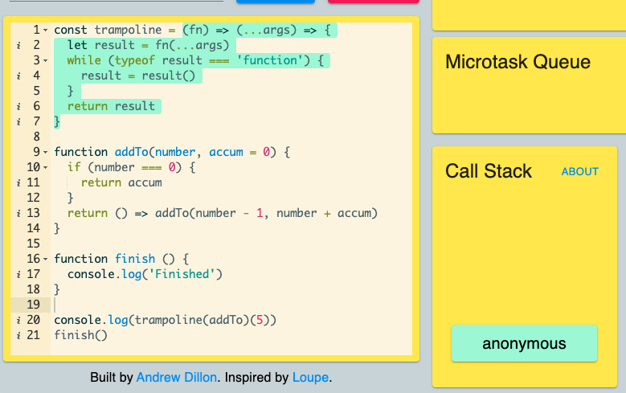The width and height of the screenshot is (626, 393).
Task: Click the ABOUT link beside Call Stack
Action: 579,172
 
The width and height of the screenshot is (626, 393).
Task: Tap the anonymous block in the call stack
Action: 524,343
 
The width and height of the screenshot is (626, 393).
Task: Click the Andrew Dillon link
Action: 177,377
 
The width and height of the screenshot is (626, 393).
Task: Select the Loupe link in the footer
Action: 311,378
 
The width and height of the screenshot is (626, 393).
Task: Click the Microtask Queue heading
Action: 518,62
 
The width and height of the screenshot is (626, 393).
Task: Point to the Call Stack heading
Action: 489,171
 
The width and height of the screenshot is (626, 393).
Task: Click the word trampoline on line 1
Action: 128,30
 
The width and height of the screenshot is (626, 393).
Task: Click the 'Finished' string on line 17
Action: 182,274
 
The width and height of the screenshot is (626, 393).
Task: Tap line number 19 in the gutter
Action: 34,305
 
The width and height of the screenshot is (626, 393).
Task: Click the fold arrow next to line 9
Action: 46,152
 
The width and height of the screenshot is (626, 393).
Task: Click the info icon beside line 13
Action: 18,213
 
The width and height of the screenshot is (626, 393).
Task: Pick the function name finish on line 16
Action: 135,259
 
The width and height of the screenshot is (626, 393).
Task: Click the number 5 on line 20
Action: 260,320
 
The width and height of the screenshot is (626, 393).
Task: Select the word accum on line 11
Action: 145,182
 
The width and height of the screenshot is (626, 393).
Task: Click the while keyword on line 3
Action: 84,60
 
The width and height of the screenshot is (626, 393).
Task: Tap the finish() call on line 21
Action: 80,335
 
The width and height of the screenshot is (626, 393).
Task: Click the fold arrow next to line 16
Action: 46,260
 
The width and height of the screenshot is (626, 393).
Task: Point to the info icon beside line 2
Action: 18,46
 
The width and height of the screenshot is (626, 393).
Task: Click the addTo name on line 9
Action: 132,152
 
